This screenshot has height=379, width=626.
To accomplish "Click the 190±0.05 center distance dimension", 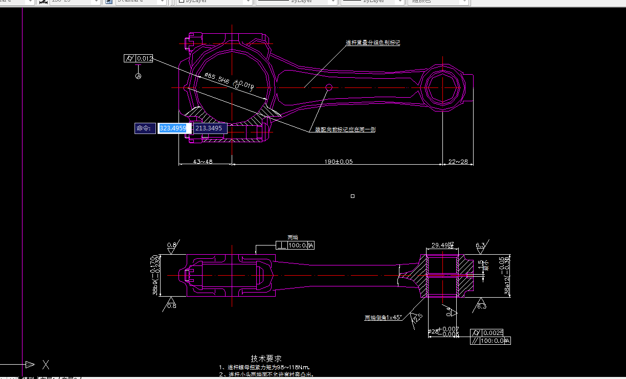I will coord(338,162).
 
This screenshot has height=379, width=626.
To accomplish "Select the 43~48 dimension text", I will coord(203,162).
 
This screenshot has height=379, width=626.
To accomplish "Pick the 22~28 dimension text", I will coord(458,162).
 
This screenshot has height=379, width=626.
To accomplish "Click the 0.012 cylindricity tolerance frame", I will coord(139,59).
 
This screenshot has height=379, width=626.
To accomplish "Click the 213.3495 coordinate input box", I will coord(210,128).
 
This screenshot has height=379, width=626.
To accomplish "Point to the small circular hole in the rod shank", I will coord(329,87).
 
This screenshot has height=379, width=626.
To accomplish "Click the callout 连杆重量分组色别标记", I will coord(373,43).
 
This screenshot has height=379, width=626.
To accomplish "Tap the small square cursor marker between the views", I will coord(352,196).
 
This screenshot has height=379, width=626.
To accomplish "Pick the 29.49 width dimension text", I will coord(441,246).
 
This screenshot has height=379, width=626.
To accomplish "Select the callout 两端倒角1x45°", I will coord(383,318).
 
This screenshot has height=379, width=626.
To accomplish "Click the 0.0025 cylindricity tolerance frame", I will coord(490,332).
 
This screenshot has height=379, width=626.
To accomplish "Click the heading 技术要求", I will coord(266,359).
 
